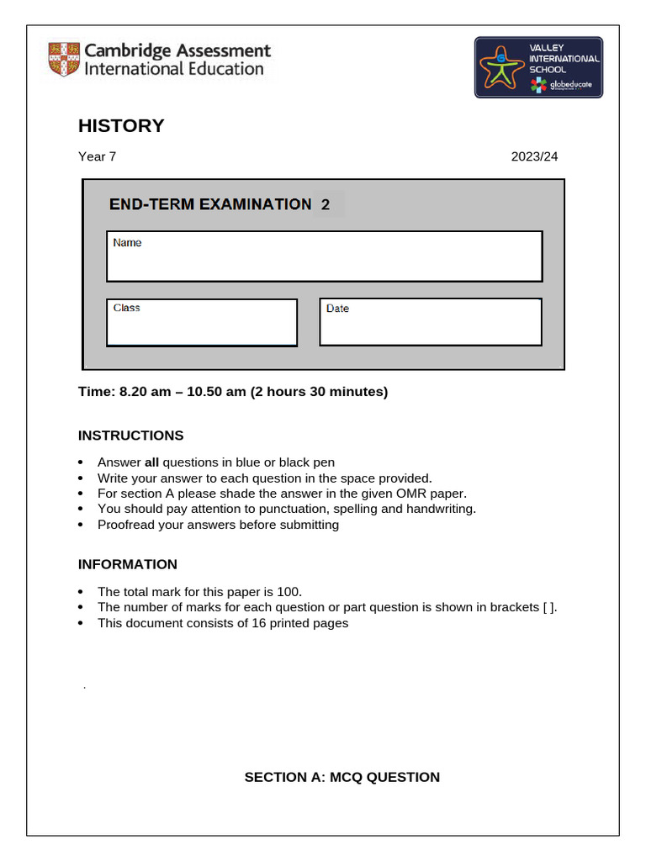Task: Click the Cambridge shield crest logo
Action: click(64, 60)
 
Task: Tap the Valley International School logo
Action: click(538, 67)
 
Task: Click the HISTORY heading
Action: click(121, 126)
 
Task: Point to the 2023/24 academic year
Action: click(534, 156)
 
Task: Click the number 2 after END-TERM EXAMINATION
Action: click(326, 204)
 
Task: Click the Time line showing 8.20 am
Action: click(233, 391)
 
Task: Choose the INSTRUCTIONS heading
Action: click(130, 436)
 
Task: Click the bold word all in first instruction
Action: click(151, 462)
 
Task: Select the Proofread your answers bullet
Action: click(218, 525)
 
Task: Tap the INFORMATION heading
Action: click(128, 564)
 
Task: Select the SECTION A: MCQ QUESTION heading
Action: click(342, 777)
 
